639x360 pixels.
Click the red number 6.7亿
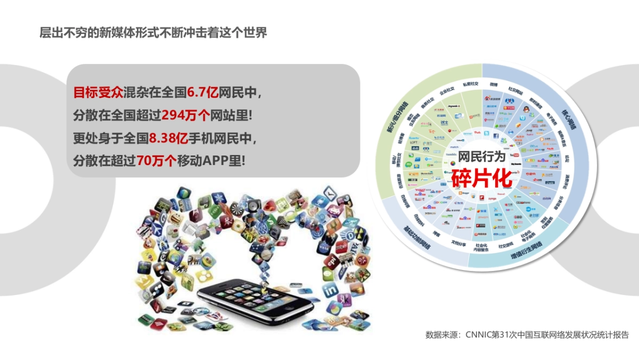tap(202, 93)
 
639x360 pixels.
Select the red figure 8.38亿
tap(169, 137)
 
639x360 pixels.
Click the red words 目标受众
tap(98, 93)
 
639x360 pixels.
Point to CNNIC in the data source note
tap(481, 335)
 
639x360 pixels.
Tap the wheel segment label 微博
tap(494, 85)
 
